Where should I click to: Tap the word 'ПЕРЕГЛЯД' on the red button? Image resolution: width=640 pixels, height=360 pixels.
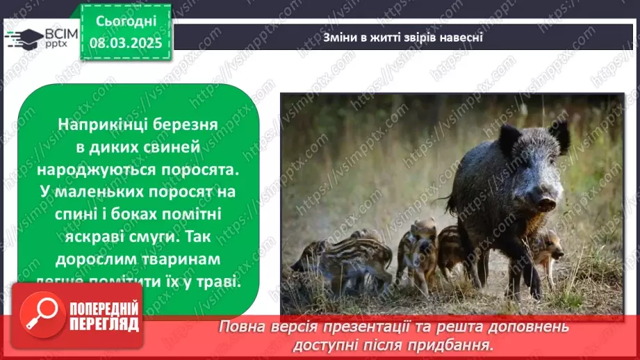(104, 325)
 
